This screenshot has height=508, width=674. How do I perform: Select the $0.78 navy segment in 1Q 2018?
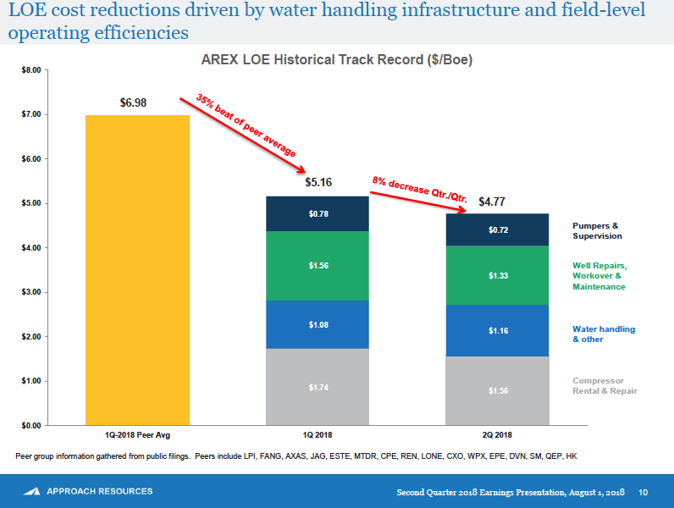[x=318, y=213]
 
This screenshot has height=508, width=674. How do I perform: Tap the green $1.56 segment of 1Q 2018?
[x=318, y=266]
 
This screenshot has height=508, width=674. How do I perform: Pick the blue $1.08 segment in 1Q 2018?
[x=318, y=324]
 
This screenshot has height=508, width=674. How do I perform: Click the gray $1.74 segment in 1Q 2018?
[x=318, y=387]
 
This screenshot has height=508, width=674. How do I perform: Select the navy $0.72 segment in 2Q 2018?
[x=498, y=229]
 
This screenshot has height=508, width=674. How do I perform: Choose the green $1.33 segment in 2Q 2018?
[x=498, y=275]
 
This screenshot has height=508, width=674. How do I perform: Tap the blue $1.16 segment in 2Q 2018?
[x=498, y=330]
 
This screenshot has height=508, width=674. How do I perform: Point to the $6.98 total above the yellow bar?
[x=134, y=102]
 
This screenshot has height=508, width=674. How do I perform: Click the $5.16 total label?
[x=318, y=182]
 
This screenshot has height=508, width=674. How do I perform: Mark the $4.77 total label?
[x=493, y=202]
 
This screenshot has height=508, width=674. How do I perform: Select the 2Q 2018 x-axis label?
[x=498, y=434]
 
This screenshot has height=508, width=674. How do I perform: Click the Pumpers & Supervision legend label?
[x=596, y=231]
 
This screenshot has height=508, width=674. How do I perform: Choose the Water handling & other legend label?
[x=603, y=334]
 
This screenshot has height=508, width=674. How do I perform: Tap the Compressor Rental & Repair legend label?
[x=605, y=385]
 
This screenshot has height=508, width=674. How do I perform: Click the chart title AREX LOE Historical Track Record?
[x=336, y=60]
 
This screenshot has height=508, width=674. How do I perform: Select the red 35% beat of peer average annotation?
[x=246, y=125]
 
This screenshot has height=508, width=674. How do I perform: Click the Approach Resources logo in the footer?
[x=88, y=491]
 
